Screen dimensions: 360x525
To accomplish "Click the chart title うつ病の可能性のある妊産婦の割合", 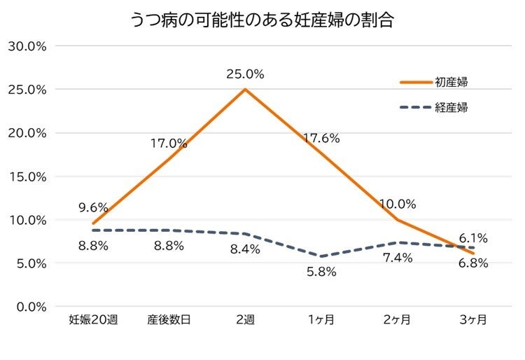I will [x=262, y=20].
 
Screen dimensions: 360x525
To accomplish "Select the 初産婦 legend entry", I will [x=451, y=82].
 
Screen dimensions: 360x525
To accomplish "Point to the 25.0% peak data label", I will [x=244, y=73].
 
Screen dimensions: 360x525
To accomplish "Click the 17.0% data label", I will [x=169, y=144].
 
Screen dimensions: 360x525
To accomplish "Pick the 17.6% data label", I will [x=321, y=139].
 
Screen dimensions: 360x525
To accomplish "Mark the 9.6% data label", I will [x=92, y=207].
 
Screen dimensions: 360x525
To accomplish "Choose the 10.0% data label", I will [x=398, y=205].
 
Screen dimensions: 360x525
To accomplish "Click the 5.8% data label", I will [x=321, y=272].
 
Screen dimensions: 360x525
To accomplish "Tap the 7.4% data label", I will [x=398, y=258].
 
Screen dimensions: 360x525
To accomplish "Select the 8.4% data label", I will [x=245, y=249].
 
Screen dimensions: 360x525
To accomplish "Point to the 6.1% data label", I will [x=473, y=238].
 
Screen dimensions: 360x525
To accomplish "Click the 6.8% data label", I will [x=473, y=263].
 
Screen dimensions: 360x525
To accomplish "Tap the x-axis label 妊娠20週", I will [x=93, y=320].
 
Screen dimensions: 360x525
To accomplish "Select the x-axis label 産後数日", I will [x=169, y=320].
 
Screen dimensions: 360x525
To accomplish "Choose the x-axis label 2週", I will [x=245, y=320].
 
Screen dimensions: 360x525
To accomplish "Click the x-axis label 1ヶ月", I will [x=321, y=320].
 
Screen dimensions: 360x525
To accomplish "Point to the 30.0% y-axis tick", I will [x=27, y=46].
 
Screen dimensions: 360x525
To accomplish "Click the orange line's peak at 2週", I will [x=245, y=90].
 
